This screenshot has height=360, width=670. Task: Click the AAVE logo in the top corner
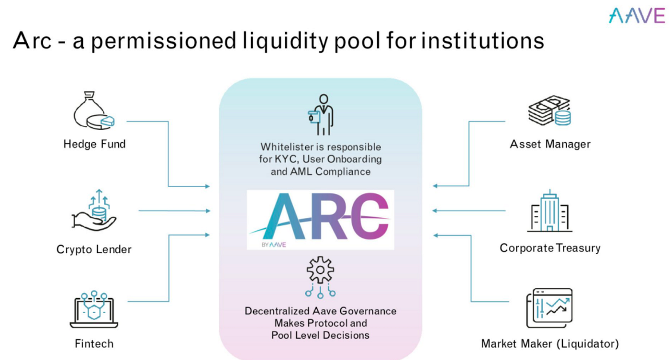click(636, 16)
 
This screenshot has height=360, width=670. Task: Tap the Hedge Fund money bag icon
click(94, 113)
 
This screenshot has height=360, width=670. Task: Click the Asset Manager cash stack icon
click(550, 111)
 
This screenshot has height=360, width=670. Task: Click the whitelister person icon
click(320, 115)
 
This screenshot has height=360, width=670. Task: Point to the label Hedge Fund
click(94, 144)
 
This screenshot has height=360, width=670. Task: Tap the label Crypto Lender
click(94, 249)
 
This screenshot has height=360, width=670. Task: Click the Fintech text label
click(94, 344)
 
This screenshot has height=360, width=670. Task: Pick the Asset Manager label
click(550, 144)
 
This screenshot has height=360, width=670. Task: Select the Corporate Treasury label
click(550, 248)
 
